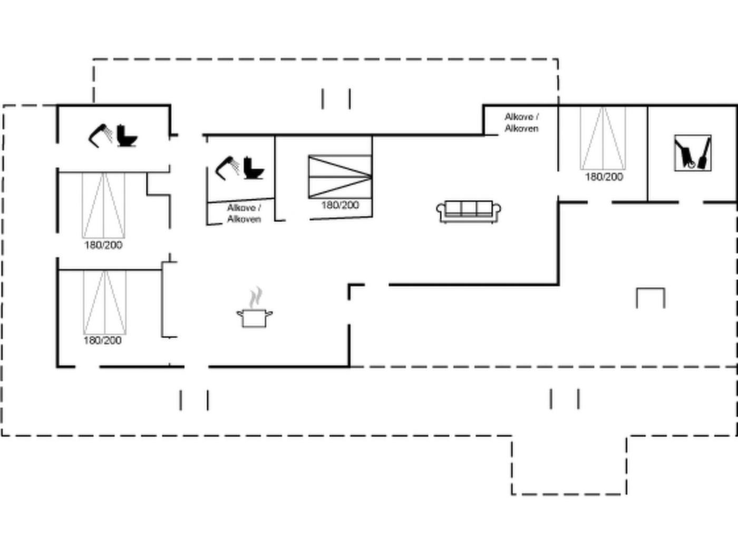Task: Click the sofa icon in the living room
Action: (469, 212)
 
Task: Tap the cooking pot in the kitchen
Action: (255, 318)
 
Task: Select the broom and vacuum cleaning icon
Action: (693, 153)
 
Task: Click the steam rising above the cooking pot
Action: (256, 298)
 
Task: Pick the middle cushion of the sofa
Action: (469, 208)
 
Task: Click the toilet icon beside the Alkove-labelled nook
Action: (254, 168)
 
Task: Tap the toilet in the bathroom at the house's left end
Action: (127, 136)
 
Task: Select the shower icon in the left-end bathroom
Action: (101, 136)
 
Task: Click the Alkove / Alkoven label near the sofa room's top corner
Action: (521, 122)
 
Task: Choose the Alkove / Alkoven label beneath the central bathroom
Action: (244, 213)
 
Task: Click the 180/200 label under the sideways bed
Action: (340, 205)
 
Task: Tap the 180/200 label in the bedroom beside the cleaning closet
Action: (604, 177)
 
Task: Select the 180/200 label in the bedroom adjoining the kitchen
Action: (103, 340)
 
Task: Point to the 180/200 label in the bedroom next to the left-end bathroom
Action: (103, 245)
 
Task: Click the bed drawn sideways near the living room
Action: (340, 177)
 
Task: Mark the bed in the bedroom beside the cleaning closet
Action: (603, 138)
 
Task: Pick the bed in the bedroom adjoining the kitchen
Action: (105, 303)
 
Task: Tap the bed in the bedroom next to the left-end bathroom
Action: (103, 206)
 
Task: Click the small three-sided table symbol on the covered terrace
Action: (650, 298)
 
